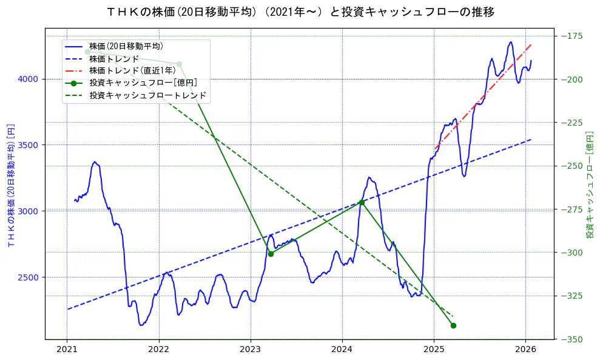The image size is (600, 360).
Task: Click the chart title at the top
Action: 300,12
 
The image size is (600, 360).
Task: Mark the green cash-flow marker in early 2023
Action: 271,254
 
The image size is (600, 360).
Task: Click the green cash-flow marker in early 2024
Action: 362,202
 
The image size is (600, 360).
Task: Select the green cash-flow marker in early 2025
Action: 453,326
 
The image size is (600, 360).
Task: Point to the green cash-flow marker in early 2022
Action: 179,64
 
